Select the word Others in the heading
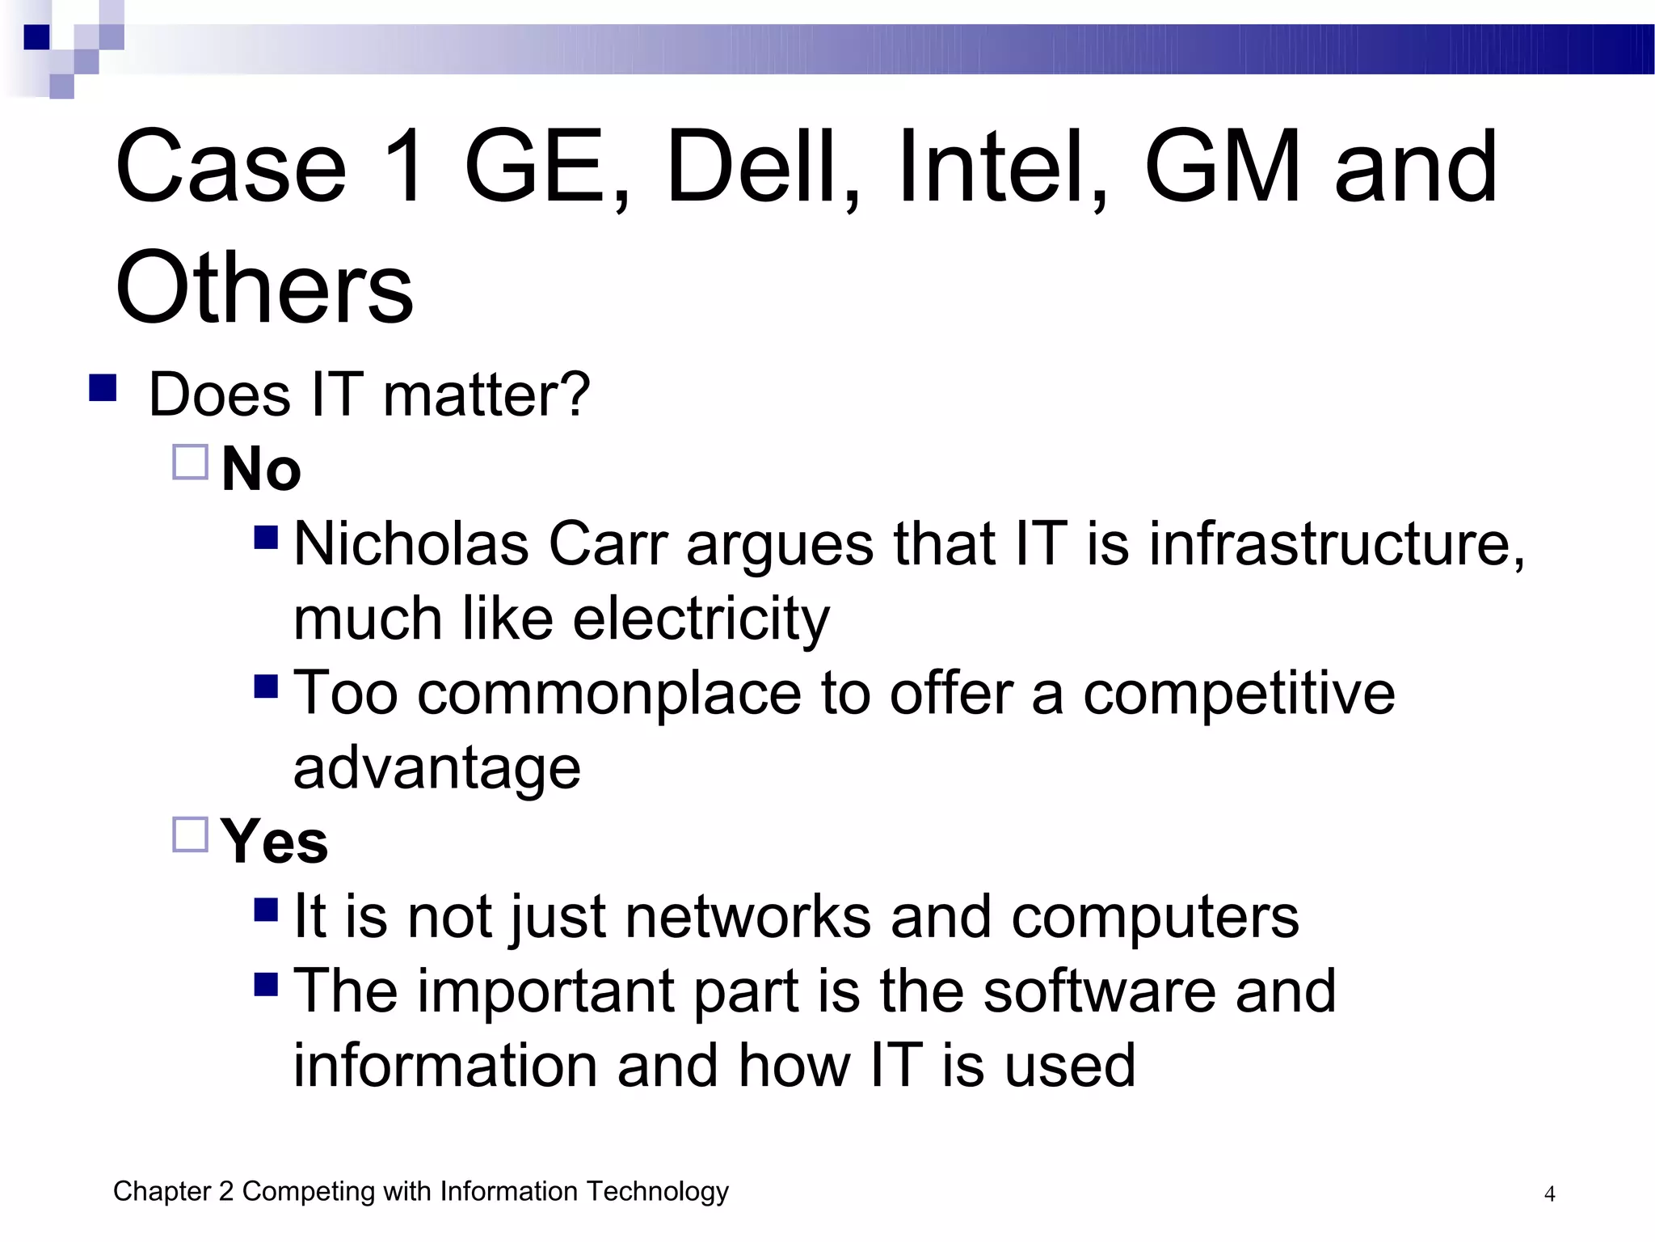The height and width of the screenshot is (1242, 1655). (264, 288)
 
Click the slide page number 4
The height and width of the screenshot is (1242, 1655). (1549, 1193)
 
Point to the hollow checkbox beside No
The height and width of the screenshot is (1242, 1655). (191, 462)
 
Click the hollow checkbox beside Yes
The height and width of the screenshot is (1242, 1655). (191, 834)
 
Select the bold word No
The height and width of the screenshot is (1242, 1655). (261, 469)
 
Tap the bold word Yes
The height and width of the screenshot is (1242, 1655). (274, 842)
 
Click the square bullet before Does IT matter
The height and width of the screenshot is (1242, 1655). (103, 387)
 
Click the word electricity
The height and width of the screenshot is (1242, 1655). (701, 619)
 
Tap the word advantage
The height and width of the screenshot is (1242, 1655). (436, 767)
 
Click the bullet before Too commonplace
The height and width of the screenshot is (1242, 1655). (266, 686)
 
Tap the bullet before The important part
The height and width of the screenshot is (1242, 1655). (266, 984)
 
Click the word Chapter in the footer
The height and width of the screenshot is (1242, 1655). (162, 1191)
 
